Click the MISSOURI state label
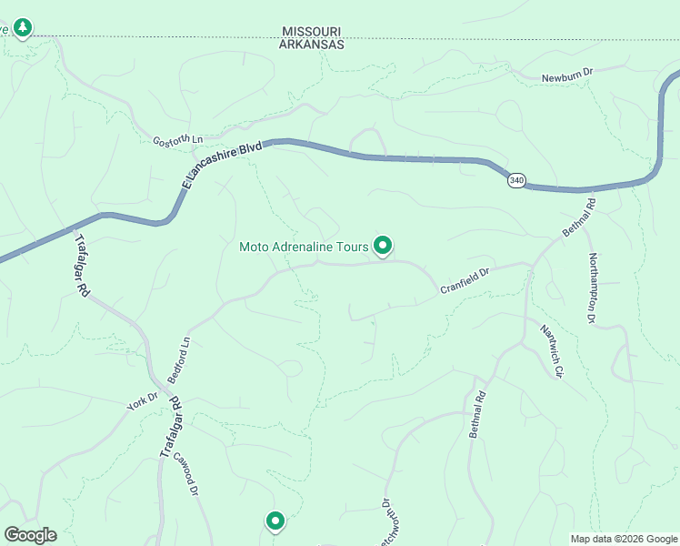(x=312, y=31)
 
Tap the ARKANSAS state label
(x=312, y=44)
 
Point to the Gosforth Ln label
(x=178, y=141)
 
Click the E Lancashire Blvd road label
(x=221, y=165)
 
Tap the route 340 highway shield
(x=516, y=180)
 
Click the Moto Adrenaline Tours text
(x=304, y=247)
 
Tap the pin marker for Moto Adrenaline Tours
(x=384, y=245)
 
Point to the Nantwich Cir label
(x=552, y=351)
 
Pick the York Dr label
(x=143, y=401)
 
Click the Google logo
(x=30, y=535)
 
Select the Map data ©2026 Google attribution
(x=624, y=538)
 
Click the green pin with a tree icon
(x=23, y=28)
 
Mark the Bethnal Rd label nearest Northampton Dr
(x=577, y=218)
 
